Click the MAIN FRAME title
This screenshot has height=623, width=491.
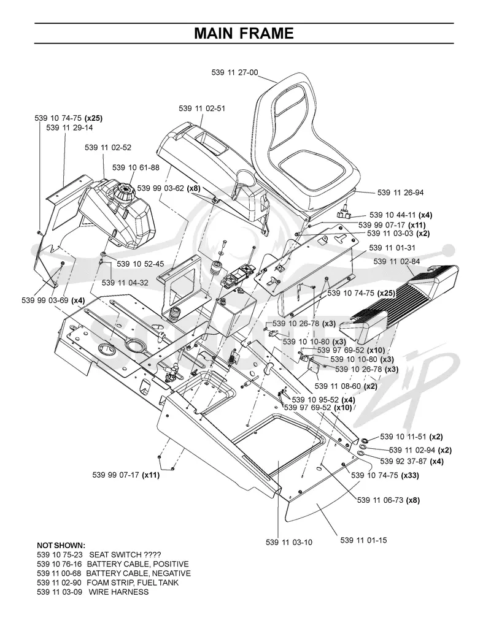[244, 33]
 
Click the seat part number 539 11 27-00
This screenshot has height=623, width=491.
[234, 72]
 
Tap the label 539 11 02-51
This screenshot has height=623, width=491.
[202, 108]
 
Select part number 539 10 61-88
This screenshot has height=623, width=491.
[136, 167]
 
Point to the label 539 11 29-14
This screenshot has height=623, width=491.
[69, 128]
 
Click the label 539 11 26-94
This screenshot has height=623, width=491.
[400, 193]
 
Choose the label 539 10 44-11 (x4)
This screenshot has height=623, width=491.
[401, 215]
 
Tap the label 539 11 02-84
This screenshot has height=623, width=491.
[396, 261]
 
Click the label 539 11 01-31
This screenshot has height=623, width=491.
[392, 248]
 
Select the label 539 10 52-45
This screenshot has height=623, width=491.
[141, 264]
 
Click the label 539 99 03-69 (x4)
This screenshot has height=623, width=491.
[53, 300]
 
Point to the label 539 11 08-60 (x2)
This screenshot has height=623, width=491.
[346, 386]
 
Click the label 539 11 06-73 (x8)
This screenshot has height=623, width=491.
[389, 500]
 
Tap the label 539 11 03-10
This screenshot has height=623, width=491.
[289, 542]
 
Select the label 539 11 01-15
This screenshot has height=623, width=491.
[363, 540]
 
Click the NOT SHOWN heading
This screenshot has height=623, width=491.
[61, 545]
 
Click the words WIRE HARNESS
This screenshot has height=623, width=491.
[118, 592]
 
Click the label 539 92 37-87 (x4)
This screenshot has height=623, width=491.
[412, 461]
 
